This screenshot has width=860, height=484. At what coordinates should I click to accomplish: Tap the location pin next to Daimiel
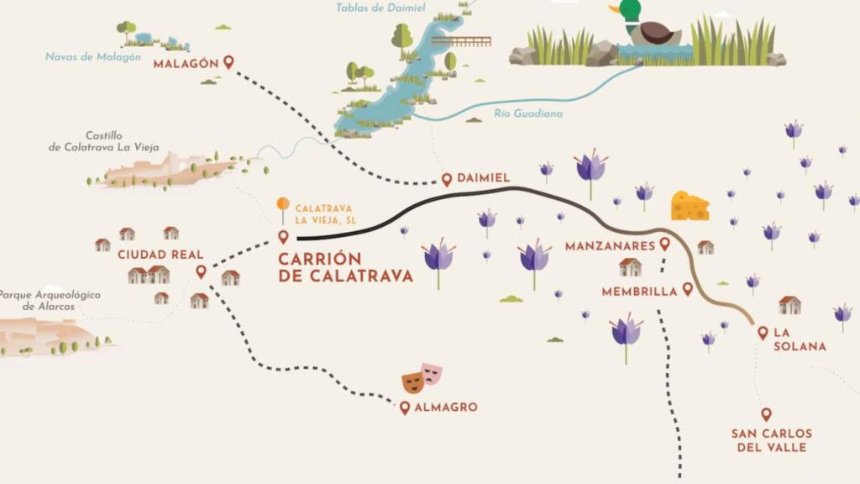447,179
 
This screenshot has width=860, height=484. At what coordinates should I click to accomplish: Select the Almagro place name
445,408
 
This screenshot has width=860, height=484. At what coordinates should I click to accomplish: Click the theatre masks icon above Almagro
422,378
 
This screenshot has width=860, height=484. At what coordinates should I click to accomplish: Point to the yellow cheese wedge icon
690,206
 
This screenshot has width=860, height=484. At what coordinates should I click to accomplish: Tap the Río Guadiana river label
528,113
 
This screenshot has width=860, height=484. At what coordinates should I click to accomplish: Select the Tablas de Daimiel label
380,8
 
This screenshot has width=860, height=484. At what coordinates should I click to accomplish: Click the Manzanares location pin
664,244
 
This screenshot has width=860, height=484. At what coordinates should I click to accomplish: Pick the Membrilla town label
639,292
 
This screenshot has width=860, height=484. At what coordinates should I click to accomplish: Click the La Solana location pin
763,333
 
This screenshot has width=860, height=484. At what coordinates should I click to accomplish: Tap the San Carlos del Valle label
771,440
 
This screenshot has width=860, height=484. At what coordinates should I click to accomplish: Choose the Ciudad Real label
152,254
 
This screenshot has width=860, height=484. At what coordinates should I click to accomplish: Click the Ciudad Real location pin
201,271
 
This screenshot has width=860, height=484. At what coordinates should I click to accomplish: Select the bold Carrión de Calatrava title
345,267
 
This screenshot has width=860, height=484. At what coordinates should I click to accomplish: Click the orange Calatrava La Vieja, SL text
324,214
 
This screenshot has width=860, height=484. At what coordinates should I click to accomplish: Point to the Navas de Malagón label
92,56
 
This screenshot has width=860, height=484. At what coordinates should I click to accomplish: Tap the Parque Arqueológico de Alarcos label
50,301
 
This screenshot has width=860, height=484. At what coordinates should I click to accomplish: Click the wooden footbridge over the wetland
460,40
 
